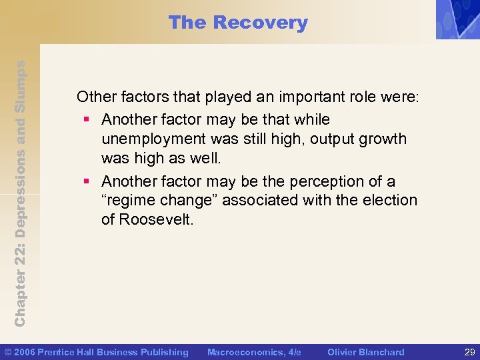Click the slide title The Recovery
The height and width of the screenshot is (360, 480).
(x=238, y=23)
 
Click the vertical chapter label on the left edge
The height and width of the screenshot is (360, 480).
(x=21, y=193)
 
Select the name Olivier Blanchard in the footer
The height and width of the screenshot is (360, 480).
(x=365, y=352)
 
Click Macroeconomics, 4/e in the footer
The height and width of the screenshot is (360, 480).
(x=254, y=352)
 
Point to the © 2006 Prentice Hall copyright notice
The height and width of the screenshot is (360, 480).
(x=97, y=352)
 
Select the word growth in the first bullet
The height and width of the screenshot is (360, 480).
(x=382, y=139)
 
